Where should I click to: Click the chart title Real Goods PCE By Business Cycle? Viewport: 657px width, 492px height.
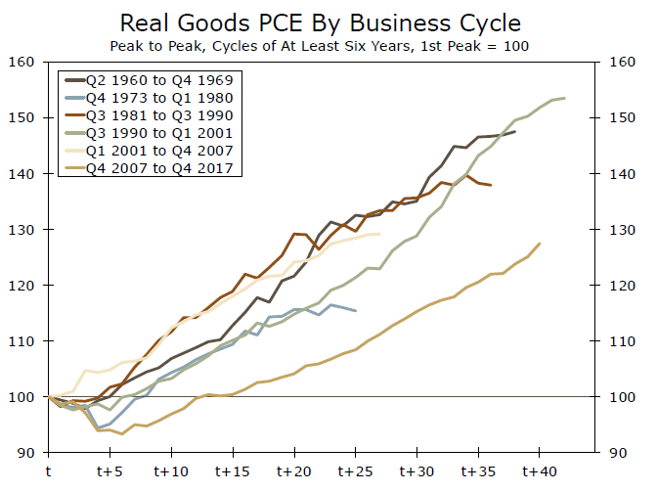click(328, 22)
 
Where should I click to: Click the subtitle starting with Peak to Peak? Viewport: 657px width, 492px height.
click(328, 45)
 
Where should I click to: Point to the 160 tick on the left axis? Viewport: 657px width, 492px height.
click(22, 62)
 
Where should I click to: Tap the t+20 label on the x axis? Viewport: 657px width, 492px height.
click(294, 470)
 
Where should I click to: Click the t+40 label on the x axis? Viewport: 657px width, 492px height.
click(540, 470)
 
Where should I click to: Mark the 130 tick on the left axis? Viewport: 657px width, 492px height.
click(22, 230)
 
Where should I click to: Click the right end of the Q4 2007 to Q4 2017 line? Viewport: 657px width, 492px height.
click(540, 244)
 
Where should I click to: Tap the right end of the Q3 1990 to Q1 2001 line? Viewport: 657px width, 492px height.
click(564, 98)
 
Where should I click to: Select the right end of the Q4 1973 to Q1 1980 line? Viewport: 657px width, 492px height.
click(356, 311)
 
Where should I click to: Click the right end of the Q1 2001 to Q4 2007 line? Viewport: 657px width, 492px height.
click(380, 234)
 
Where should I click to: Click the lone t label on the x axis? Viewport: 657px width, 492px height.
click(49, 470)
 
